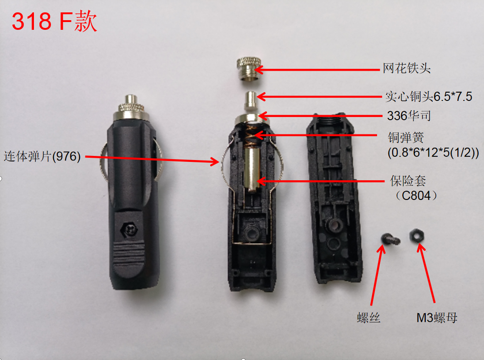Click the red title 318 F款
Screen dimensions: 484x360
pos(54,21)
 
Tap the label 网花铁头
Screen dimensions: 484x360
pos(407,68)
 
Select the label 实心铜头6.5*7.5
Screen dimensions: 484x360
pos(429,97)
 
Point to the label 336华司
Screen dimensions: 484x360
pos(409,116)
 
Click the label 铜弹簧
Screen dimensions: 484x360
pos(406,138)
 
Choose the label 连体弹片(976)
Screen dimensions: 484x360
pos(42,156)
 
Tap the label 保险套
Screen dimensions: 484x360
pos(408,181)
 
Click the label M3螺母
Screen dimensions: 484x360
pos(437,318)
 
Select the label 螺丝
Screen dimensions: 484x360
pos(368,318)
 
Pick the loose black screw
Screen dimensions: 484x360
pos(390,239)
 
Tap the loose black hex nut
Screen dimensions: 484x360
pos(417,236)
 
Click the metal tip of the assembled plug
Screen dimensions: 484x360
pos(132,100)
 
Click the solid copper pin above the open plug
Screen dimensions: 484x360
pos(250,101)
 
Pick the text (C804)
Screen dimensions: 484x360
pos(416,195)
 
